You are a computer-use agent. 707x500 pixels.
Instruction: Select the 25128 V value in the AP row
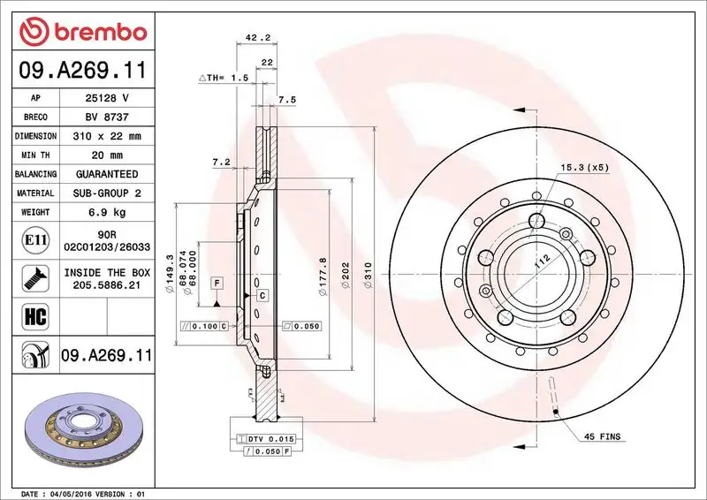[x=108, y=98]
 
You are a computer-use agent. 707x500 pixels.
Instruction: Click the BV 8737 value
[x=108, y=117]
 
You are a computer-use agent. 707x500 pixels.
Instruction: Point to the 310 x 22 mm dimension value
[x=108, y=136]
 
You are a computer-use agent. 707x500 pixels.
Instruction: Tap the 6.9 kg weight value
[x=108, y=212]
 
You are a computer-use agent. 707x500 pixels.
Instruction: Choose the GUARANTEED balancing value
[x=108, y=174]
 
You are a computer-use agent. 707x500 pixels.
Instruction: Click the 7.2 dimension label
[x=221, y=162]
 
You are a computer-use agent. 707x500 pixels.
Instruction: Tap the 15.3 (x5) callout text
[x=583, y=166]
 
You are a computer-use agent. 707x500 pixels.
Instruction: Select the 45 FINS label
[x=602, y=436]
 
